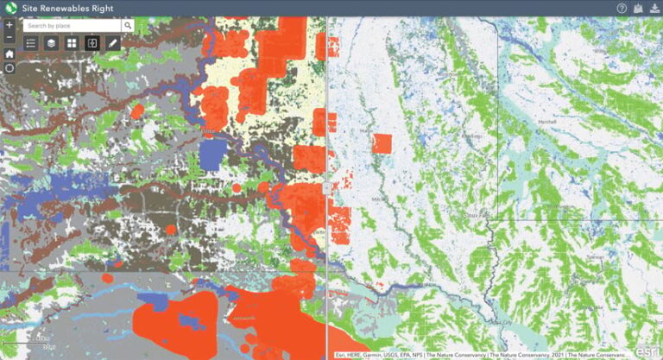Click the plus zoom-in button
pyautogui.click(x=9, y=24)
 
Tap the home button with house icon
pyautogui.click(x=9, y=54)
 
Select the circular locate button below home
pyautogui.click(x=9, y=68)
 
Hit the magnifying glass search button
pyautogui.click(x=127, y=26)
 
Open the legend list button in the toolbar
pyautogui.click(x=31, y=43)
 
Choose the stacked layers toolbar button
pyautogui.click(x=52, y=43)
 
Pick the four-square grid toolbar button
pyautogui.click(x=72, y=43)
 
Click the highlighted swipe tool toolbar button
pyautogui.click(x=92, y=43)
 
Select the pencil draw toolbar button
pyautogui.click(x=112, y=43)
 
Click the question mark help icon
pyautogui.click(x=621, y=8)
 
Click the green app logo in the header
pyautogui.click(x=10, y=8)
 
